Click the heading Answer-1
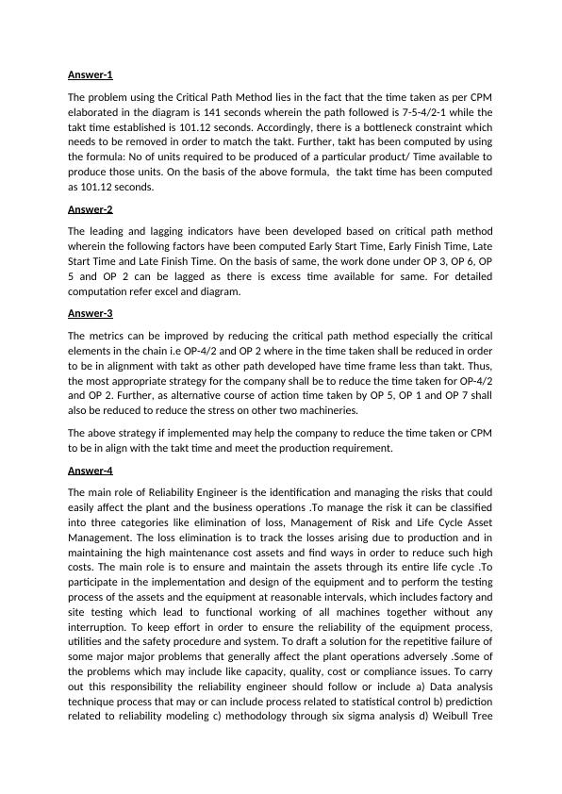pos(91,74)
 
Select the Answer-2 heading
pos(91,209)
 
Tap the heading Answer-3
pos(91,313)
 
